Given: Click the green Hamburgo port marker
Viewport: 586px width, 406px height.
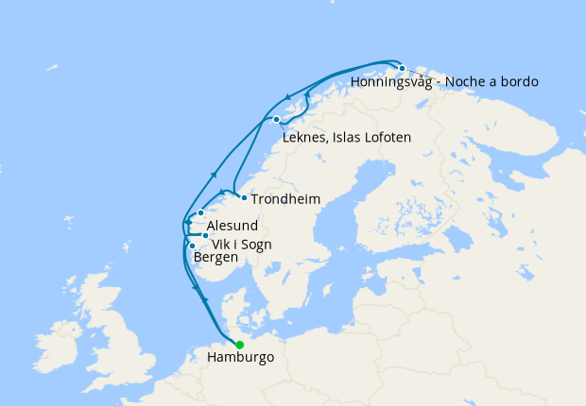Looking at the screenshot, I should click(x=239, y=345).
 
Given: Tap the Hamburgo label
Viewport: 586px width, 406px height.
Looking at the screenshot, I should click(x=239, y=359).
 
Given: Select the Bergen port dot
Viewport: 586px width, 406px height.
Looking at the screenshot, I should click(x=193, y=245).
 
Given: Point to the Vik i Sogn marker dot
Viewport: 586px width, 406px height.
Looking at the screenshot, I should click(x=206, y=235).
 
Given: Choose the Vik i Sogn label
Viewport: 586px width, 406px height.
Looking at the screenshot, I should click(x=241, y=245).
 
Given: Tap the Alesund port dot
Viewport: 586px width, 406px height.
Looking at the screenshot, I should click(x=200, y=213).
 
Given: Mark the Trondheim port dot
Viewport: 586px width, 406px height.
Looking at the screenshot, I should click(x=244, y=197).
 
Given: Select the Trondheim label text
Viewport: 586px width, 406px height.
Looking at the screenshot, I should click(x=285, y=199).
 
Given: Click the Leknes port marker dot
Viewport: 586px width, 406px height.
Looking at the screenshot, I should click(x=276, y=120).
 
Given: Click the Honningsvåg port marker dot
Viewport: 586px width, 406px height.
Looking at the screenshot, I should click(x=402, y=68).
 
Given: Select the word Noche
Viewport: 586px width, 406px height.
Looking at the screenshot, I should click(x=469, y=82).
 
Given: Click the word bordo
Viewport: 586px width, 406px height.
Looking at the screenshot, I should click(x=519, y=82).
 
